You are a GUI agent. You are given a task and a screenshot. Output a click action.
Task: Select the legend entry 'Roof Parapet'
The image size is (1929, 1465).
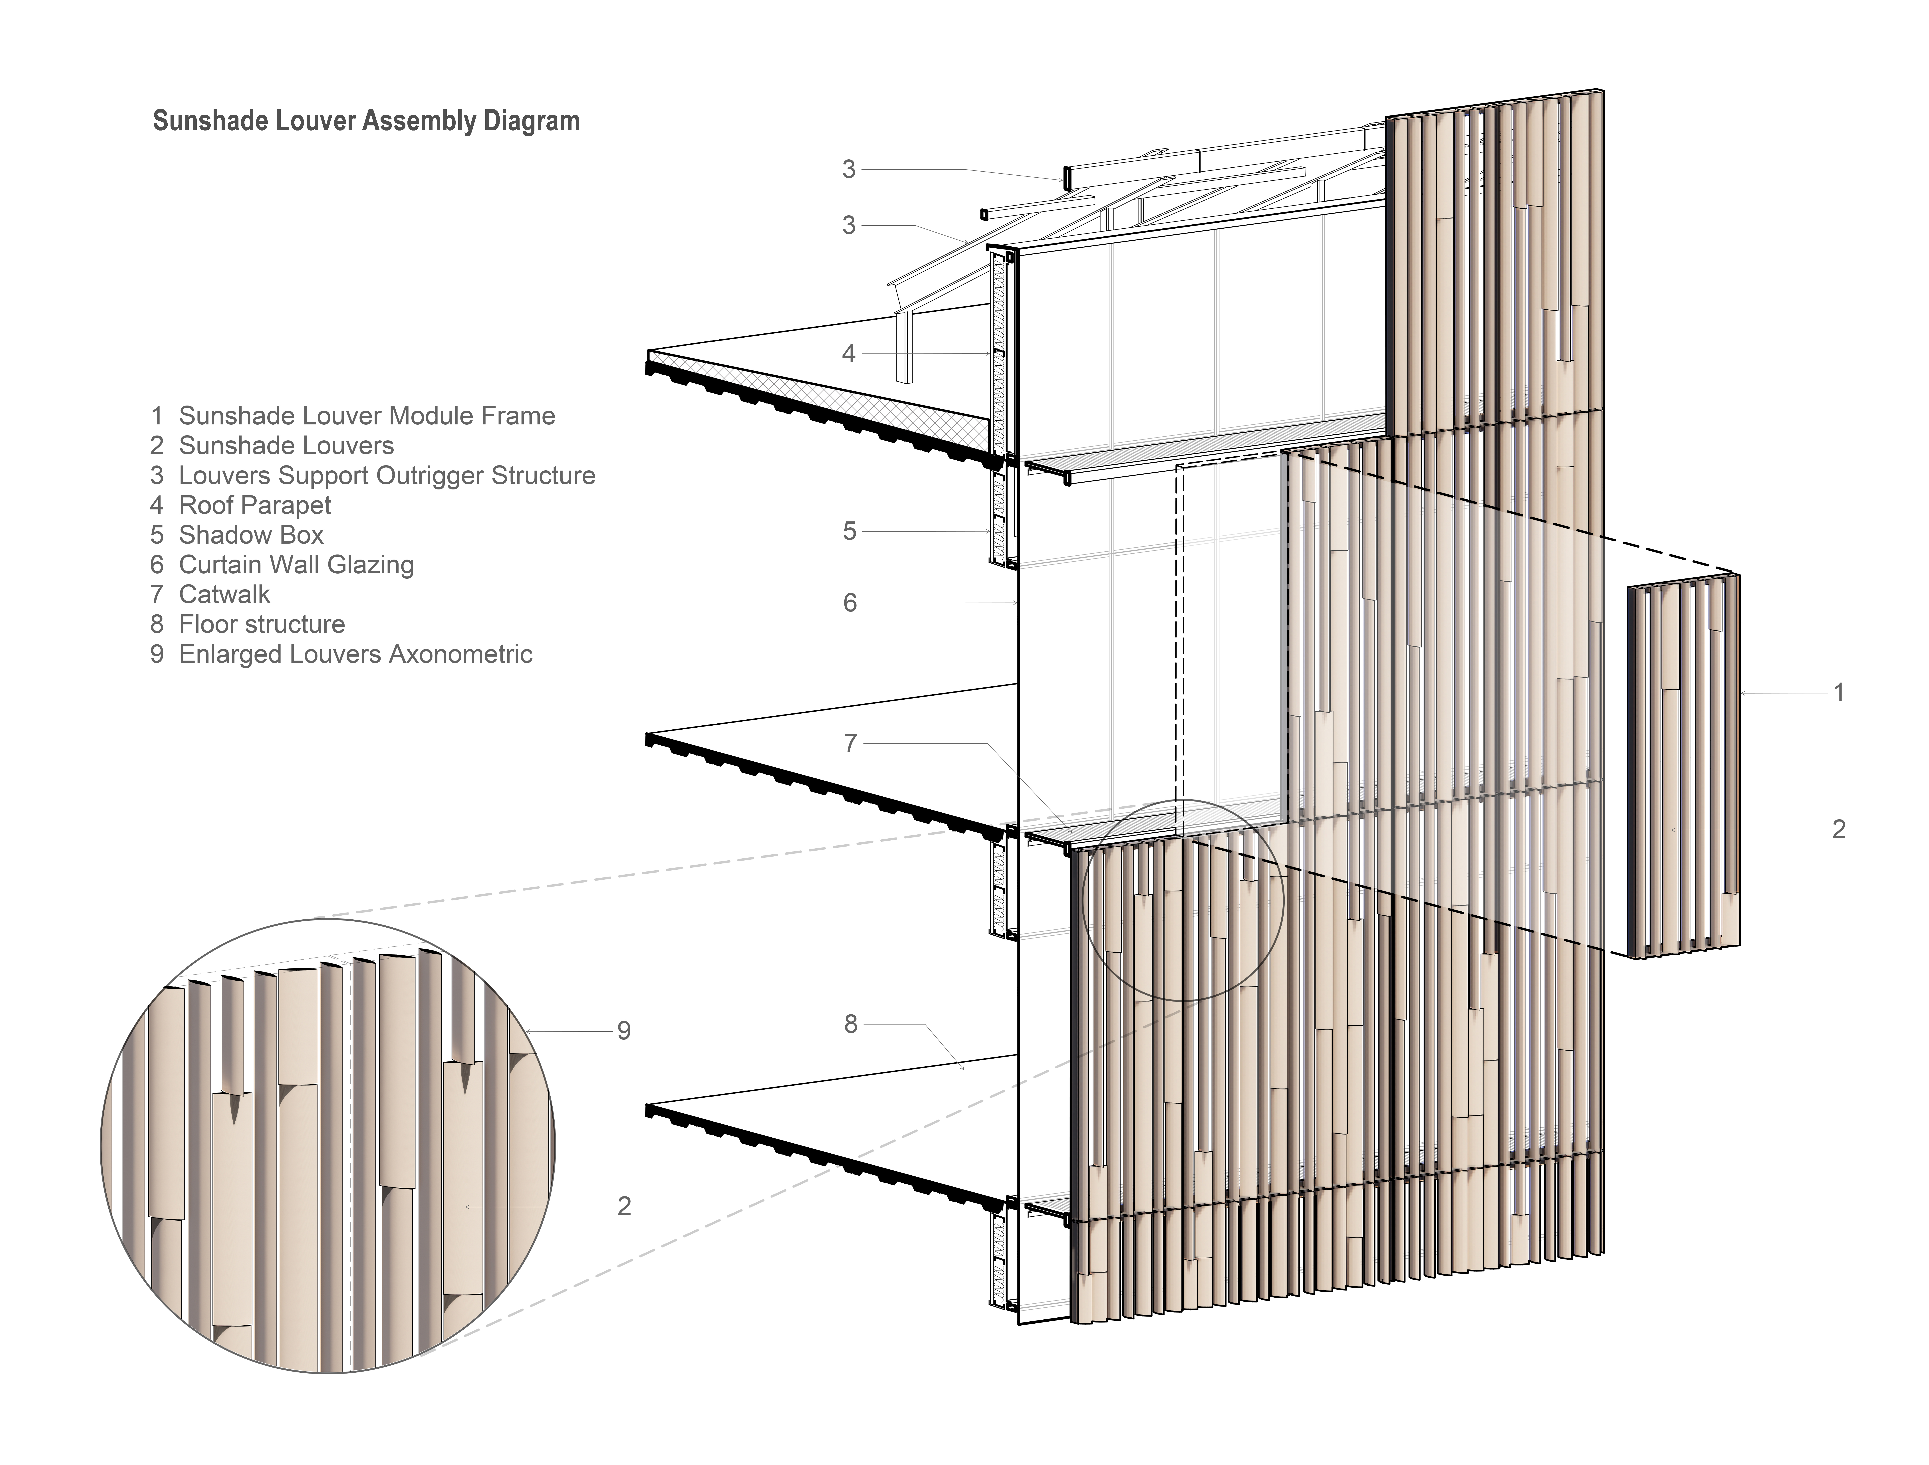pyautogui.click(x=255, y=506)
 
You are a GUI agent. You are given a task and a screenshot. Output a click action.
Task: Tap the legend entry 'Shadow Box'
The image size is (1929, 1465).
pyautogui.click(x=251, y=535)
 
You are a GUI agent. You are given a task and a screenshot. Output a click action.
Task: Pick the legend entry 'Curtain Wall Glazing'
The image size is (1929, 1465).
pyautogui.click(x=296, y=565)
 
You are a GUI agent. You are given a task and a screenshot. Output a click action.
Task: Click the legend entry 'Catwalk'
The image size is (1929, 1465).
pyautogui.click(x=224, y=595)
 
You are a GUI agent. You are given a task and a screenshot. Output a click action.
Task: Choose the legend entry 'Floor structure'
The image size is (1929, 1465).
pyautogui.click(x=262, y=624)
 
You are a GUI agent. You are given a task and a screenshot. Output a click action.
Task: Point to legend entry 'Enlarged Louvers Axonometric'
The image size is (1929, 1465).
pyautogui.click(x=355, y=654)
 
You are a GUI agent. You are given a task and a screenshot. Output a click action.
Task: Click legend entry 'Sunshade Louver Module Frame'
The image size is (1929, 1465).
pyautogui.click(x=366, y=416)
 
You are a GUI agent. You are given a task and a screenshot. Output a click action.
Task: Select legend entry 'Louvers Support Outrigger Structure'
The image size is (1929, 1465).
pyautogui.click(x=386, y=476)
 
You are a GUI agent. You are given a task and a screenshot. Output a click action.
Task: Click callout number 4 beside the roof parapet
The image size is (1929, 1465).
pyautogui.click(x=849, y=354)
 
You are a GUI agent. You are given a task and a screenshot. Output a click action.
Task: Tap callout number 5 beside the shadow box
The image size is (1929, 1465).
pyautogui.click(x=849, y=532)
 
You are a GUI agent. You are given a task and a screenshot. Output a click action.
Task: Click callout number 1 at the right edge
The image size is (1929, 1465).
pyautogui.click(x=1838, y=693)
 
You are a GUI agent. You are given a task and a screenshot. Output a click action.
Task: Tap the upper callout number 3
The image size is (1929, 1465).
pyautogui.click(x=849, y=170)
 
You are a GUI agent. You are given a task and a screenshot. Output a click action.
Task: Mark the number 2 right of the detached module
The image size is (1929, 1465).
pyautogui.click(x=1838, y=829)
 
